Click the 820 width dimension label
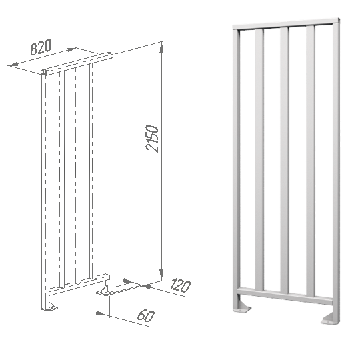point(41,47)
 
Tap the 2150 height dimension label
point(152,139)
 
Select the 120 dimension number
point(181,286)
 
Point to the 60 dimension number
point(146,315)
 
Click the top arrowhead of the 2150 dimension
point(161,47)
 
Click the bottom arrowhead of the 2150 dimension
point(161,274)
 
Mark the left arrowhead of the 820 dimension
point(14,65)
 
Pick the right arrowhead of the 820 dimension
point(71,49)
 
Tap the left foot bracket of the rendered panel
point(243,307)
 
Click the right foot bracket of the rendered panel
point(330,319)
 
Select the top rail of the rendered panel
point(286,23)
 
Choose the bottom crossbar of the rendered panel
point(285,296)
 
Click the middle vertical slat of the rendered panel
point(284,160)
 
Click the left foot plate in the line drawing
point(49,307)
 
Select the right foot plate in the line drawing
point(104,291)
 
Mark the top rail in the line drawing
point(77,63)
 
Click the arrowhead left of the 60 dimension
point(100,313)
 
